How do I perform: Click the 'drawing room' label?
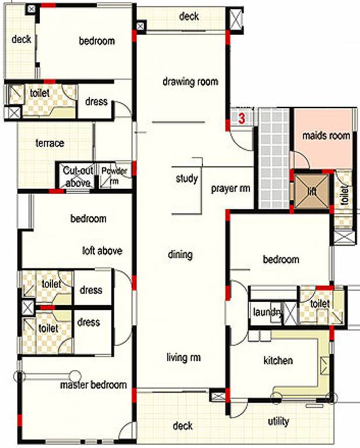pos(190,82)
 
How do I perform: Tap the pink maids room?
pos(326,136)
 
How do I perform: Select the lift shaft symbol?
pos(312,191)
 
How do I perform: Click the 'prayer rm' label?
pos(230,188)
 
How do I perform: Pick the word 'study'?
pos(186,178)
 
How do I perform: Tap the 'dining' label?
pos(180,254)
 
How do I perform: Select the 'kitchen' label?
pos(278,360)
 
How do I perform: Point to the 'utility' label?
pos(278,421)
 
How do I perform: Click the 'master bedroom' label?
pos(93,386)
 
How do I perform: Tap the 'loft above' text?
pos(102,251)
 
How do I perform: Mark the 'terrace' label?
pos(50,143)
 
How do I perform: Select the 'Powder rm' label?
pos(114,176)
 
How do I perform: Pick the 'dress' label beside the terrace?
pos(96,101)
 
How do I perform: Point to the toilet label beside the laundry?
pos(320,304)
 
